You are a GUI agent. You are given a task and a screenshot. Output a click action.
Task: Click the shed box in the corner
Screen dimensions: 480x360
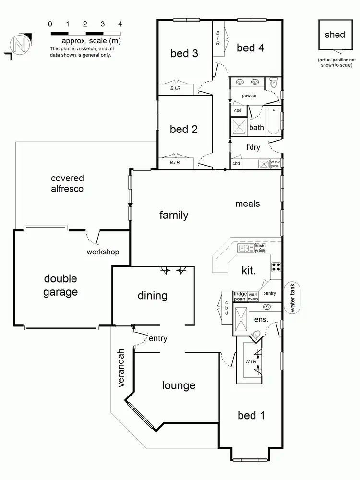[x=335, y=35]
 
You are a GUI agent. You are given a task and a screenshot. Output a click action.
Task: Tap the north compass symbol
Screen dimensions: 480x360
[x=20, y=45]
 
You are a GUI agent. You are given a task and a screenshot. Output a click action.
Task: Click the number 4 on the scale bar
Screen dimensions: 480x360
[x=120, y=24]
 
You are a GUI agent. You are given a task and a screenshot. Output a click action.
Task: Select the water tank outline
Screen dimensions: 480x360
[x=293, y=298]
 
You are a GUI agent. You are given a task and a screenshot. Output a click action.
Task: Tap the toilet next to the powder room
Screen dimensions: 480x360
[x=273, y=84]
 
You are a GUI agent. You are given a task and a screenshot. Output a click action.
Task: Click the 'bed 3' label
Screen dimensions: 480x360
[x=184, y=53]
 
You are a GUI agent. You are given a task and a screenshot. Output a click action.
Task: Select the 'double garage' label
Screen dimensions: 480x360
[x=60, y=285]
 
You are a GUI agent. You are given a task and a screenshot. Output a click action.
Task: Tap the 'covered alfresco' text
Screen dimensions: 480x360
[x=67, y=183]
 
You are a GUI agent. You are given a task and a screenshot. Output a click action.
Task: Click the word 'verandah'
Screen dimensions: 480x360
[x=122, y=368]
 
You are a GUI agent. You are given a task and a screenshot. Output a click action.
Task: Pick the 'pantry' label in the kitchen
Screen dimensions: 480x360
[x=269, y=293]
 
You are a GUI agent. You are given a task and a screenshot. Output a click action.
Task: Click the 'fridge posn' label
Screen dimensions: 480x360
[x=240, y=296]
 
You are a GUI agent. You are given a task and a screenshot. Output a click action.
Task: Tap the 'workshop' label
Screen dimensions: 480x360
[x=103, y=252]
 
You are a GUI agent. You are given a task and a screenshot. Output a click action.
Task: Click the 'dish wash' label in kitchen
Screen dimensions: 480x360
[x=260, y=248]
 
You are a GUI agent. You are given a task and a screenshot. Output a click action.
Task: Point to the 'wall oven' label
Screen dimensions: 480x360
[x=252, y=296]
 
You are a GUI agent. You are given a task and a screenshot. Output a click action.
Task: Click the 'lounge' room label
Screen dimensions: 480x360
[x=179, y=385]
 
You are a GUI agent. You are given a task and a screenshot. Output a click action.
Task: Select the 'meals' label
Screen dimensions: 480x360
[x=247, y=204]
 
